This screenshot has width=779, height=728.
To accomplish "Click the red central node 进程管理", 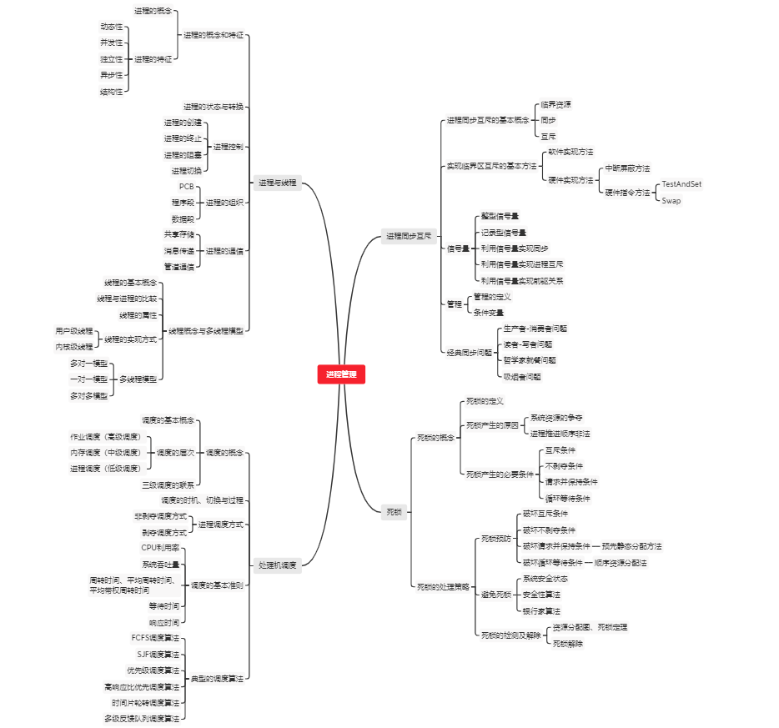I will point(341,375).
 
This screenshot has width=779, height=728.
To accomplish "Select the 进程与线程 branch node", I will point(277,183).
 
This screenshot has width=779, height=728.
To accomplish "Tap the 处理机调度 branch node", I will point(277,565).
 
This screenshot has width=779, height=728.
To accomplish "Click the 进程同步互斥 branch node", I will point(409,236).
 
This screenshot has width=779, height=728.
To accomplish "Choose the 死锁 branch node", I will point(394,511).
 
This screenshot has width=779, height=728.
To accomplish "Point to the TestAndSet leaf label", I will point(681,184).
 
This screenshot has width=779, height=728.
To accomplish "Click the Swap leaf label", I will point(671,200).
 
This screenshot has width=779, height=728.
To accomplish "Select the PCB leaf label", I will point(186,186).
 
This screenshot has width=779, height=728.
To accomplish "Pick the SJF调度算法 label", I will point(158,654).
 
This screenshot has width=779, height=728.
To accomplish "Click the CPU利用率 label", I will point(160,548).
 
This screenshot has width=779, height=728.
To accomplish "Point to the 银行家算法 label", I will point(541,610).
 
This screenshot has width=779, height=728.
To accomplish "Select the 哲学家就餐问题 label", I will point(529,360).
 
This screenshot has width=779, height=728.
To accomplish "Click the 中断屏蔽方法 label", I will point(627,168).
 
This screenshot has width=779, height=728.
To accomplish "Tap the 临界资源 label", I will point(555,104).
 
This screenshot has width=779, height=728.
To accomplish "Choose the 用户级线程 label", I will point(74,331).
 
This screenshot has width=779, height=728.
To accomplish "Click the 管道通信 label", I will point(178,267).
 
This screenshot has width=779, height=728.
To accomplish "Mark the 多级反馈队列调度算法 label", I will point(142,718).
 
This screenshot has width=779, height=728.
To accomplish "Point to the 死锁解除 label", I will point(568,643).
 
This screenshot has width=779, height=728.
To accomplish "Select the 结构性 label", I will point(111,92).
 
